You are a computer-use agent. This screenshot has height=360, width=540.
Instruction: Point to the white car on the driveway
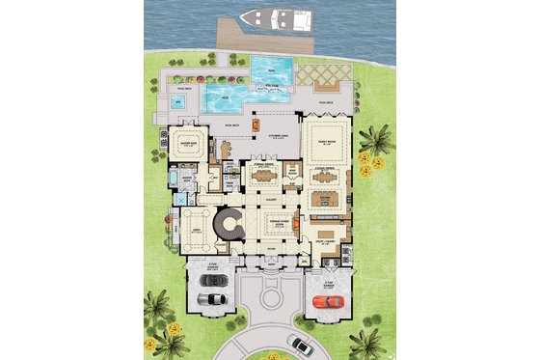pyautogui.click(x=301, y=343)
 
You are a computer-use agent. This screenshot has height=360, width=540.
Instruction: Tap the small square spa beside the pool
pyautogui.click(x=178, y=101)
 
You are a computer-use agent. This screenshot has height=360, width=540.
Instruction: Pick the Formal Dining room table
pyautogui.click(x=265, y=179)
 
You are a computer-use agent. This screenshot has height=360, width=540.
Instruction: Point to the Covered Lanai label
pyautogui.click(x=273, y=138)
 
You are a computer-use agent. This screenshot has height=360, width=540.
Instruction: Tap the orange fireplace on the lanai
pyautogui.click(x=256, y=124)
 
